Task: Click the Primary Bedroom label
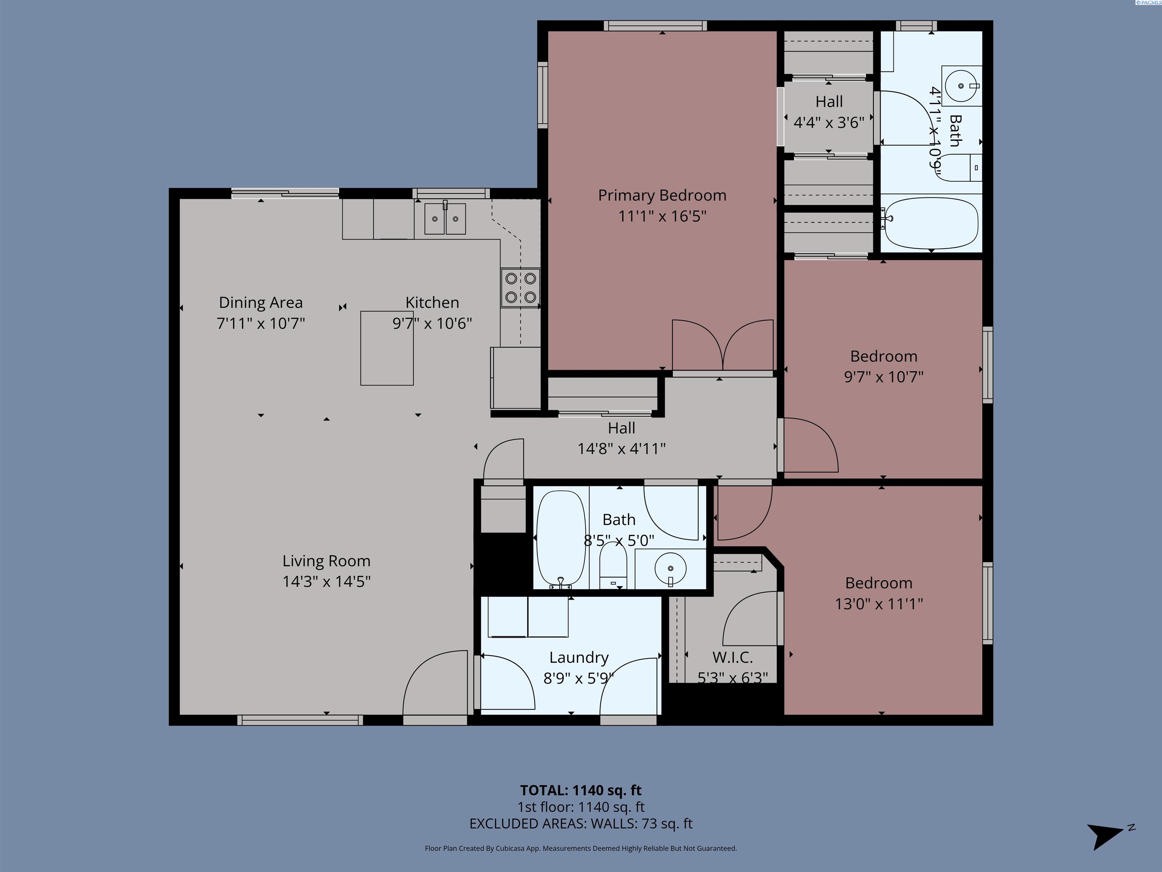point(662,196)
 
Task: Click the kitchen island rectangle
point(387,348)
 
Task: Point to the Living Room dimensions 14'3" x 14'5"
point(326,581)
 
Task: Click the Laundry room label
point(578,657)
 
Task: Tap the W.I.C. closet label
point(732,657)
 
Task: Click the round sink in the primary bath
point(961,86)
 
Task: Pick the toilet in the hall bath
point(613,567)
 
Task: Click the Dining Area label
point(261,303)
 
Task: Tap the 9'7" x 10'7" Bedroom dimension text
point(884,377)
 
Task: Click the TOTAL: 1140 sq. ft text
point(581,790)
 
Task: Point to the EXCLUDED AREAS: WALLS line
point(581,824)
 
